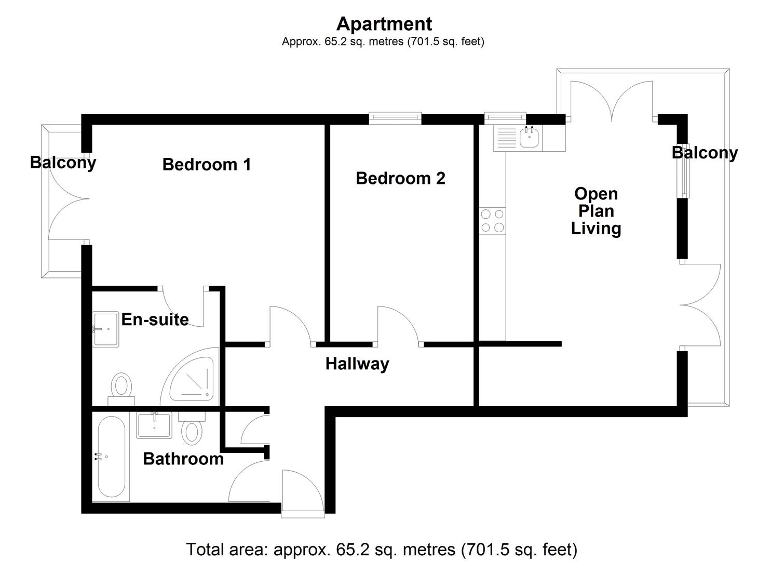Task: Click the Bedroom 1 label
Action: coord(207,165)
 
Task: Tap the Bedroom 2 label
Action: coord(400,179)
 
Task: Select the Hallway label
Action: coord(357,364)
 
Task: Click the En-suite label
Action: coord(155,319)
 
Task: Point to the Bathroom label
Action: coord(183,459)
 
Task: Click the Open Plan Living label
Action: coord(596,211)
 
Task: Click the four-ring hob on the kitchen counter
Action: coord(492,220)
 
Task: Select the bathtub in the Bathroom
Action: coord(111,457)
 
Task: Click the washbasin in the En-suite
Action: coord(105,329)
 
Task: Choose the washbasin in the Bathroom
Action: coord(154,424)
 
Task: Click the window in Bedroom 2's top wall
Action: coord(395,118)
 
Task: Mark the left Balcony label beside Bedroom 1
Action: coord(63,163)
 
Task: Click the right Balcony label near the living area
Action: coord(705,153)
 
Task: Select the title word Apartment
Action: coord(384,24)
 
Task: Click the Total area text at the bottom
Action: coord(382,549)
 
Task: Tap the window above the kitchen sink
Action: coord(505,118)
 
